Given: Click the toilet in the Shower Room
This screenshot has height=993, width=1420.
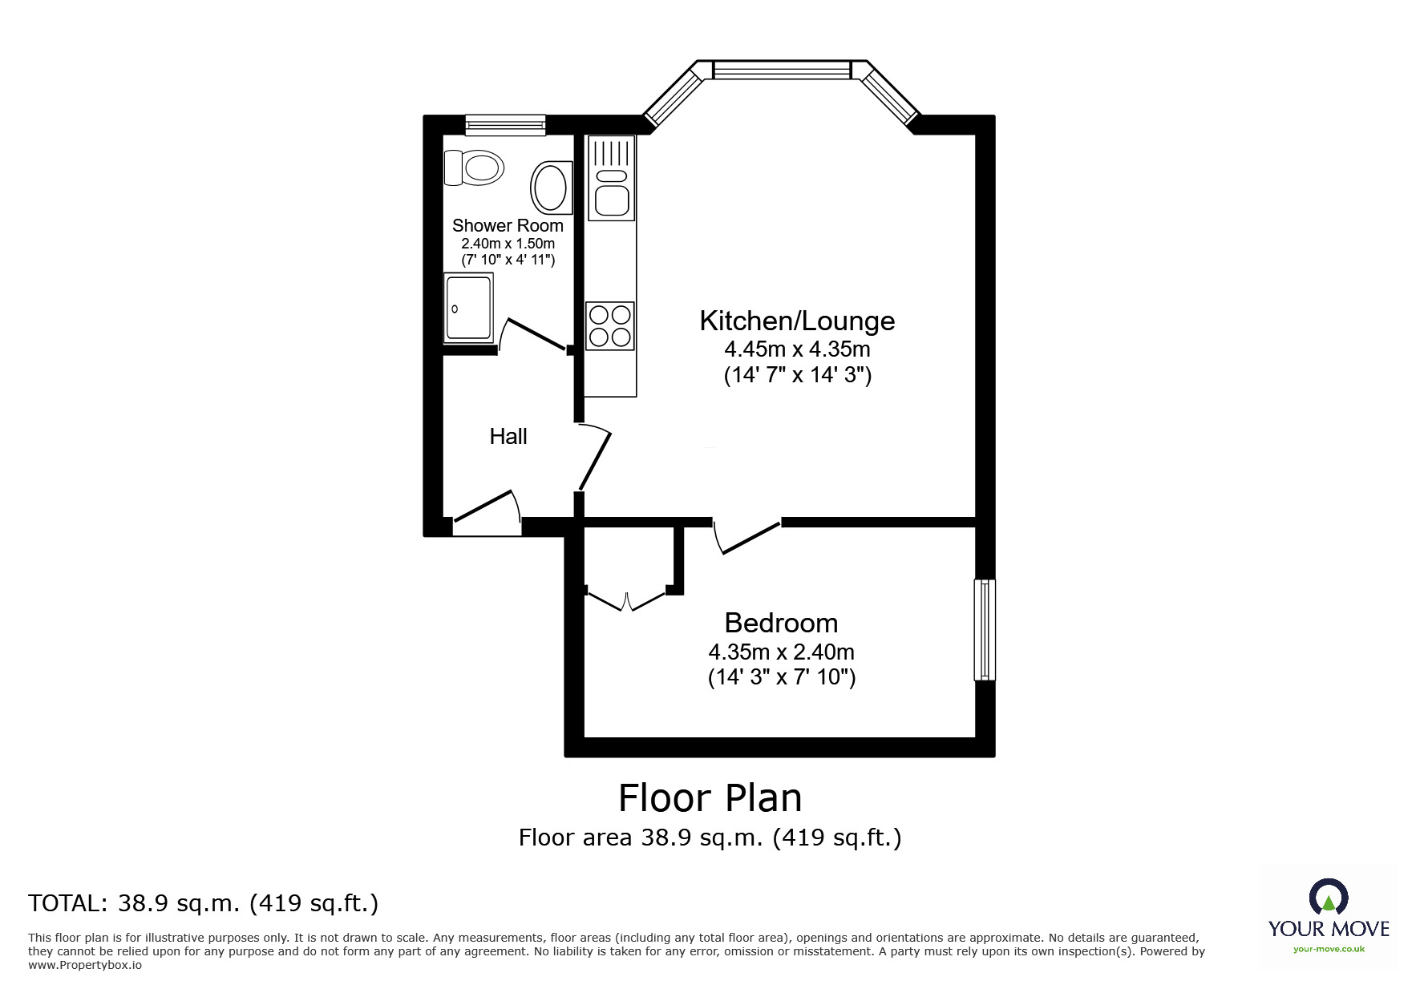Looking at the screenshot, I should tap(474, 168).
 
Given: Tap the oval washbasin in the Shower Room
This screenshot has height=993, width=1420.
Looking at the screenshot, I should tap(551, 188).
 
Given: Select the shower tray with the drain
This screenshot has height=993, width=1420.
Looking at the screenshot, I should tap(469, 308).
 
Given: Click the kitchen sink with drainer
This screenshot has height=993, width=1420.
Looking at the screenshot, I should tap(611, 178).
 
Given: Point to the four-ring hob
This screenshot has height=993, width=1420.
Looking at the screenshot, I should tap(610, 325).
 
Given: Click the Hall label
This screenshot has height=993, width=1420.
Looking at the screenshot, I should tap(508, 437).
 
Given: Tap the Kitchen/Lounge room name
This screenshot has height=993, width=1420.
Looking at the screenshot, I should tap(797, 321).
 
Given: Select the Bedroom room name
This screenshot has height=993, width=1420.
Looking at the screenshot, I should tap(781, 623).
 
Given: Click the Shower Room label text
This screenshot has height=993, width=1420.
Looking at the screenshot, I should tap(508, 226).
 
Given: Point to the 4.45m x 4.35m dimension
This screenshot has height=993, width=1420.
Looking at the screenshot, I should tap(797, 349).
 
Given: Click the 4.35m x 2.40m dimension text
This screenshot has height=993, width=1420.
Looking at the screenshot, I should tap(781, 652).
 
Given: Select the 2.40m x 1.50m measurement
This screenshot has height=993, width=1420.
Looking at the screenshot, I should tap(508, 244).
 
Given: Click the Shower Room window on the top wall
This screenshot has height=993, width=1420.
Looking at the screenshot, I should tap(505, 124).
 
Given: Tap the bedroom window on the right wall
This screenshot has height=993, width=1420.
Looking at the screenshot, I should tap(984, 630).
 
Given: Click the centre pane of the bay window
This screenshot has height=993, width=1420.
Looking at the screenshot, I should tap(781, 70).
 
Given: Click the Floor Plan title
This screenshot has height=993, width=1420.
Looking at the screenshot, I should tap(710, 798).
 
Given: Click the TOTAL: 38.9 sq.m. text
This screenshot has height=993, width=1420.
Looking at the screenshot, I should tap(203, 903).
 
